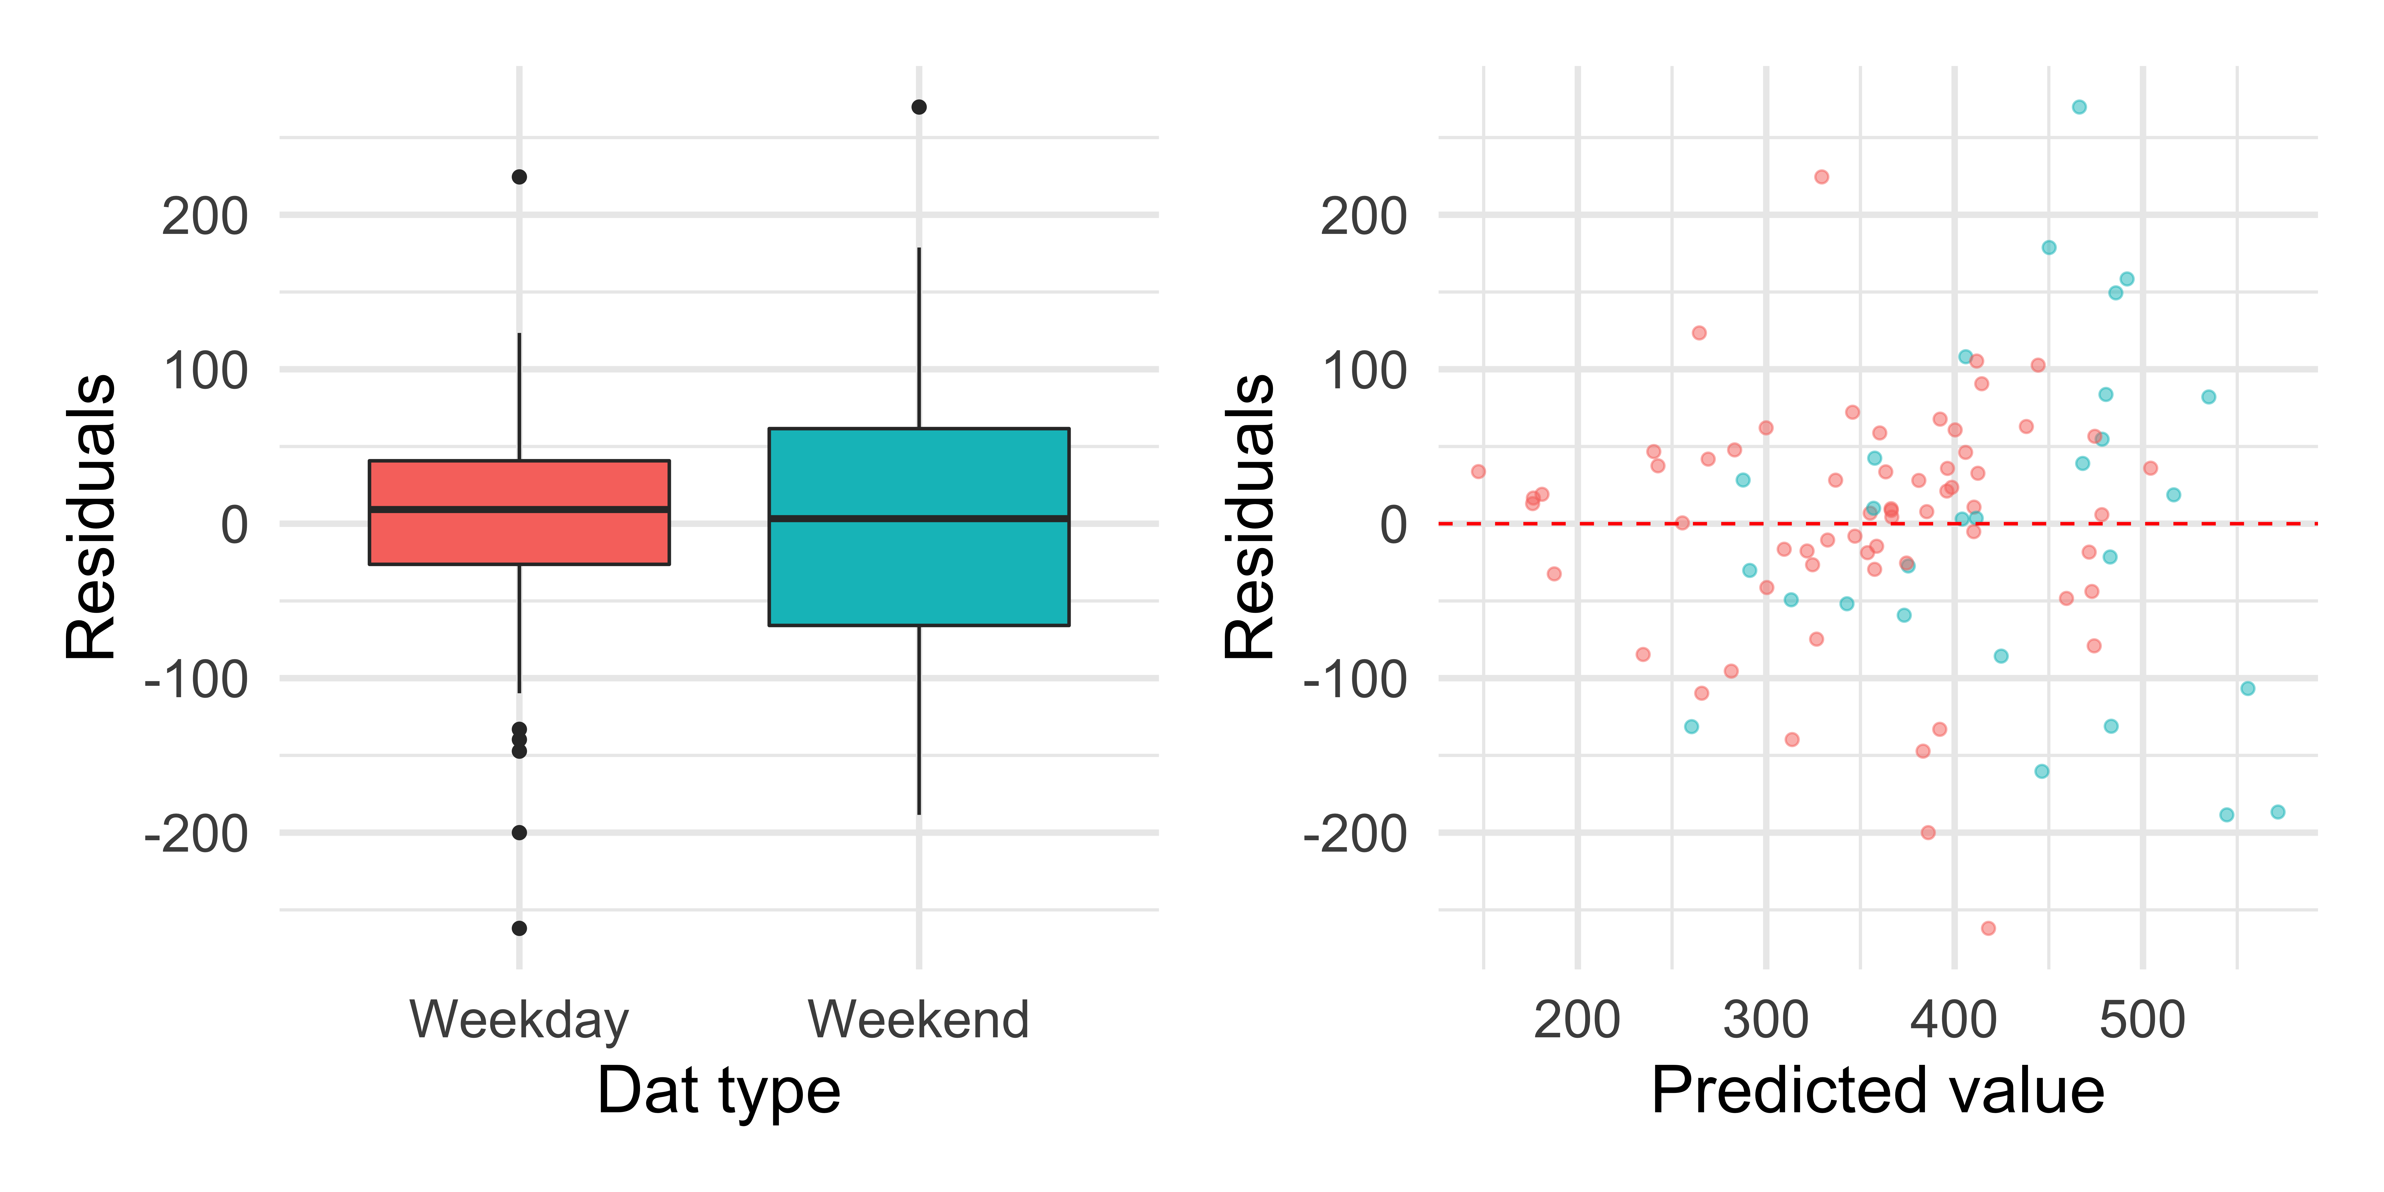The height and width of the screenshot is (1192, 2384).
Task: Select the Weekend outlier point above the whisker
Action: coord(919,107)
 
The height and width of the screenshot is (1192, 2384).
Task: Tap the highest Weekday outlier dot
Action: coord(519,177)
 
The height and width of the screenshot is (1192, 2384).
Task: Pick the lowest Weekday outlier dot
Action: coord(519,928)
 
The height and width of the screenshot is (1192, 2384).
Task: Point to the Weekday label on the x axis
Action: coord(519,1020)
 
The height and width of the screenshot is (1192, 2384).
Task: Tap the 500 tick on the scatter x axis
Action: coord(2142,1020)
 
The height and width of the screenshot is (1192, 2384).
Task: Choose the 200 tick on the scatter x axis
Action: coord(1577,1020)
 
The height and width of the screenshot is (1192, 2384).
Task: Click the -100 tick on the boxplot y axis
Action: coord(196,680)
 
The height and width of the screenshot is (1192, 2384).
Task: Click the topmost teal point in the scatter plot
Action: coord(2079,107)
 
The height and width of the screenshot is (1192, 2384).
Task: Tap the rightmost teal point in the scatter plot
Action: coord(2278,812)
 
